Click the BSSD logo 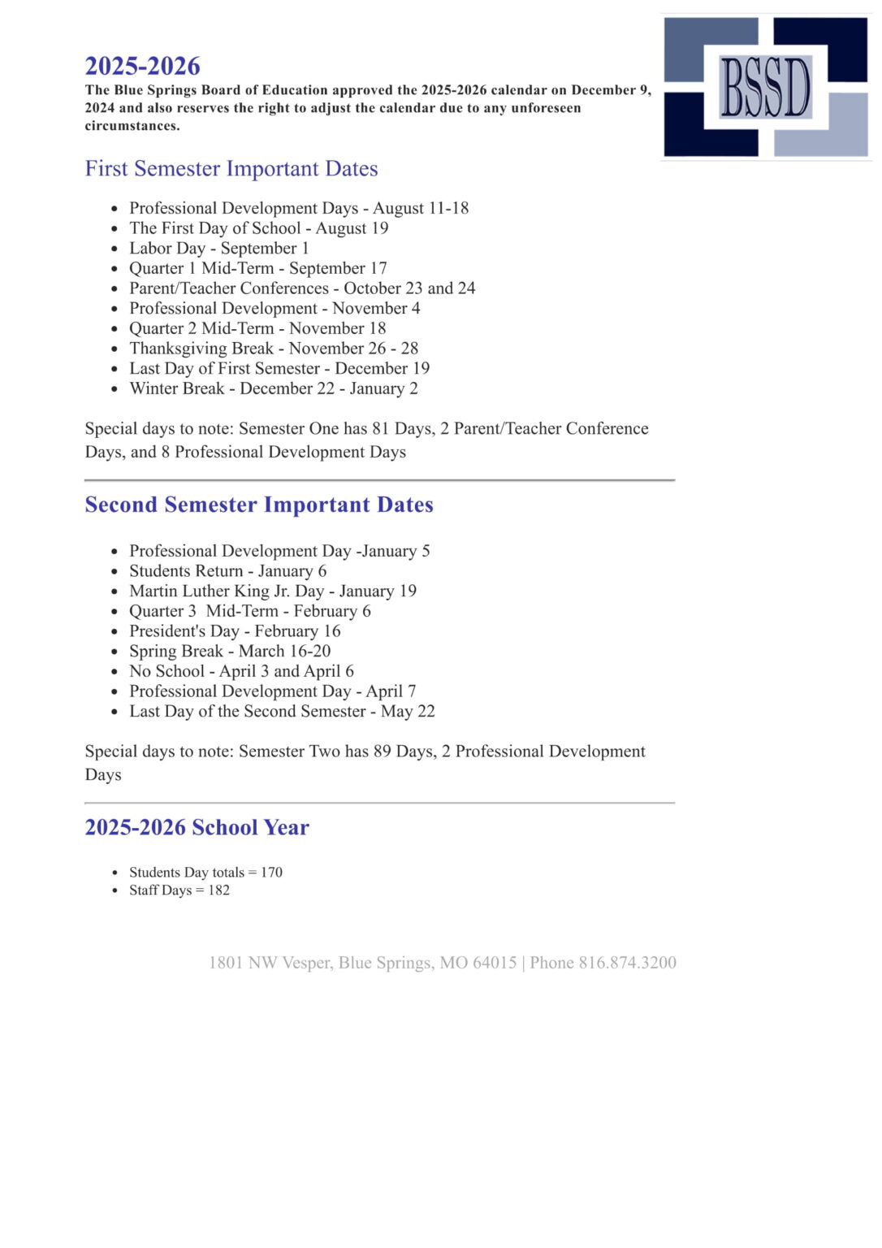(x=765, y=86)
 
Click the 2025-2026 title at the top (x=143, y=66)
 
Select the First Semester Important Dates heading (x=231, y=168)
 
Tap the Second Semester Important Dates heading (x=259, y=505)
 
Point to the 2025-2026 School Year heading (x=197, y=827)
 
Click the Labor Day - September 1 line (x=219, y=248)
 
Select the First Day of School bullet (x=259, y=228)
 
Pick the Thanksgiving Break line (x=274, y=349)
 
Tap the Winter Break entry (x=274, y=388)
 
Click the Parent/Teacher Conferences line (x=302, y=288)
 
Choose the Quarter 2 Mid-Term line (x=257, y=328)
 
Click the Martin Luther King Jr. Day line (x=273, y=591)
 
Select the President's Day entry (x=235, y=631)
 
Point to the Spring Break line (x=230, y=651)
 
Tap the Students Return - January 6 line (x=228, y=571)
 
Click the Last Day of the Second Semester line (x=282, y=711)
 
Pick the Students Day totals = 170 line (x=205, y=872)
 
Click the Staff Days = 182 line (x=179, y=890)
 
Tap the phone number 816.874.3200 (x=627, y=963)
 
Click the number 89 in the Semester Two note (x=382, y=752)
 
